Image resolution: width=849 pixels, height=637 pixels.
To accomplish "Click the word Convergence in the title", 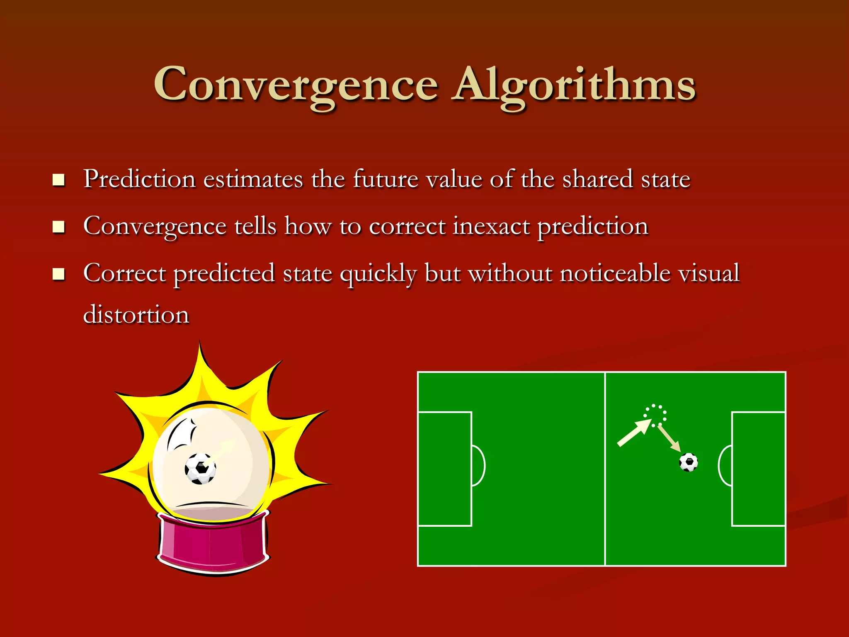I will pos(296,85).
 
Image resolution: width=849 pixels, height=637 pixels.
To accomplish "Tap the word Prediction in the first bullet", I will pos(139,179).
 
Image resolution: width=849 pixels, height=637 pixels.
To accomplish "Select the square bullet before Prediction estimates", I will pos(58,180).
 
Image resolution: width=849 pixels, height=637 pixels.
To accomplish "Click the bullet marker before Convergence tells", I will pos(58,227).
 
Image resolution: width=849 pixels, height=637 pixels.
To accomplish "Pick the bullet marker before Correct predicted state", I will pos(58,274).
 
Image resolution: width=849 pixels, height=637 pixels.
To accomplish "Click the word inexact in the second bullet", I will pos(491,226).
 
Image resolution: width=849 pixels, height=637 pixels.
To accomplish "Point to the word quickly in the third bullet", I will pos(378,274).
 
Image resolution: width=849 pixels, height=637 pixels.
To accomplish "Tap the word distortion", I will pos(136,314).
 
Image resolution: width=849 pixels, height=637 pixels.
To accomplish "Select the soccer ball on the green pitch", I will pos(689,462).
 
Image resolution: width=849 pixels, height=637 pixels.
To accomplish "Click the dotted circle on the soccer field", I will pos(655,415).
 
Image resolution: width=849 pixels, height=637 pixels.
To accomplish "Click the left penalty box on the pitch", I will pos(445,469).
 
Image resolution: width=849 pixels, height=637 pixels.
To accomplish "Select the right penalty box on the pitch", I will pos(758,469).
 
